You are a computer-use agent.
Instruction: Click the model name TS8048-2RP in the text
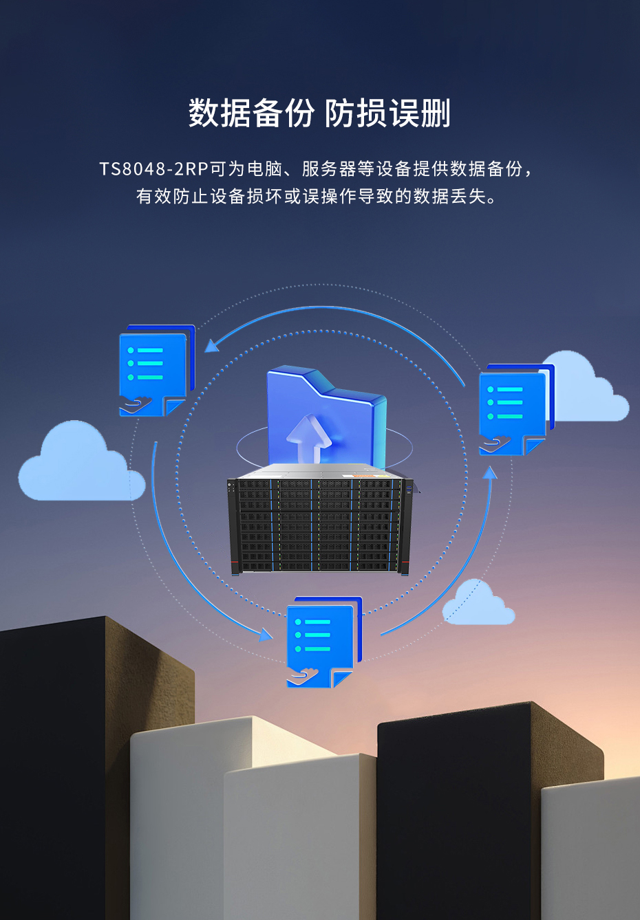pyautogui.click(x=153, y=169)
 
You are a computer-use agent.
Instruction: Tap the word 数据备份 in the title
pyautogui.click(x=251, y=113)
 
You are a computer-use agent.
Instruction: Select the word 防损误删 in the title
pyautogui.click(x=387, y=113)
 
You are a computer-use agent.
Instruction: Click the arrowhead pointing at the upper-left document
pyautogui.click(x=212, y=345)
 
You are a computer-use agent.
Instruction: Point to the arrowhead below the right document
pyautogui.click(x=490, y=473)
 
